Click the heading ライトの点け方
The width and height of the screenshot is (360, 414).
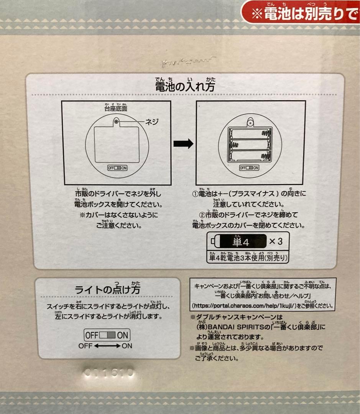pos(107,289)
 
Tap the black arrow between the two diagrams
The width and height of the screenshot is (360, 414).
pos(183,144)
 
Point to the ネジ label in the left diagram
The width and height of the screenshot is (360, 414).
pos(151,122)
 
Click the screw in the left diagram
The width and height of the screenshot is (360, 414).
pos(116,122)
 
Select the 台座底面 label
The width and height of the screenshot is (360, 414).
pos(117,108)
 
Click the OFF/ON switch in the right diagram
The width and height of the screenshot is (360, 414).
pos(249,168)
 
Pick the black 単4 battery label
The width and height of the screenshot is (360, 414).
pos(241,242)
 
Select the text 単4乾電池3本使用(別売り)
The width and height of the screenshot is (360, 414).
pos(248,258)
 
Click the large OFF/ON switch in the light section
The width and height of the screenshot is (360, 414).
pos(107,335)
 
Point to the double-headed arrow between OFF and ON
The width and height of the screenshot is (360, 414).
pos(107,346)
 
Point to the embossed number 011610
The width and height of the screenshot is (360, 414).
pos(108,372)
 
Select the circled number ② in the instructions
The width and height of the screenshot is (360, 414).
pos(203,215)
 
